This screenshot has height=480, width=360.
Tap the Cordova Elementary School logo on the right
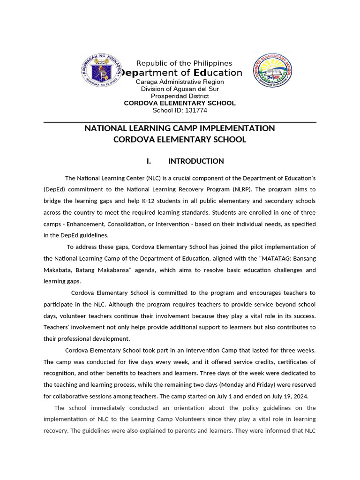272,70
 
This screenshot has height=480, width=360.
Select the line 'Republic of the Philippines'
184,63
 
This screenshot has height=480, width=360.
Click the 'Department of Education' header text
182,73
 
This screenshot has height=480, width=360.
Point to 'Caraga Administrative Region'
180,82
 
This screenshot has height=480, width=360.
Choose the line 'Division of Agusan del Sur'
180,89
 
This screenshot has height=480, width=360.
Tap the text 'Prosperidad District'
180,96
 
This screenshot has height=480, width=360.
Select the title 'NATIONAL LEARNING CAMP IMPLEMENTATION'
180,128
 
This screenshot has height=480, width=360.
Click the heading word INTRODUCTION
196,161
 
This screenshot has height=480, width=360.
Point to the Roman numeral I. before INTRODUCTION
149,161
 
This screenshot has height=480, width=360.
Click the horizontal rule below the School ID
180,122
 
